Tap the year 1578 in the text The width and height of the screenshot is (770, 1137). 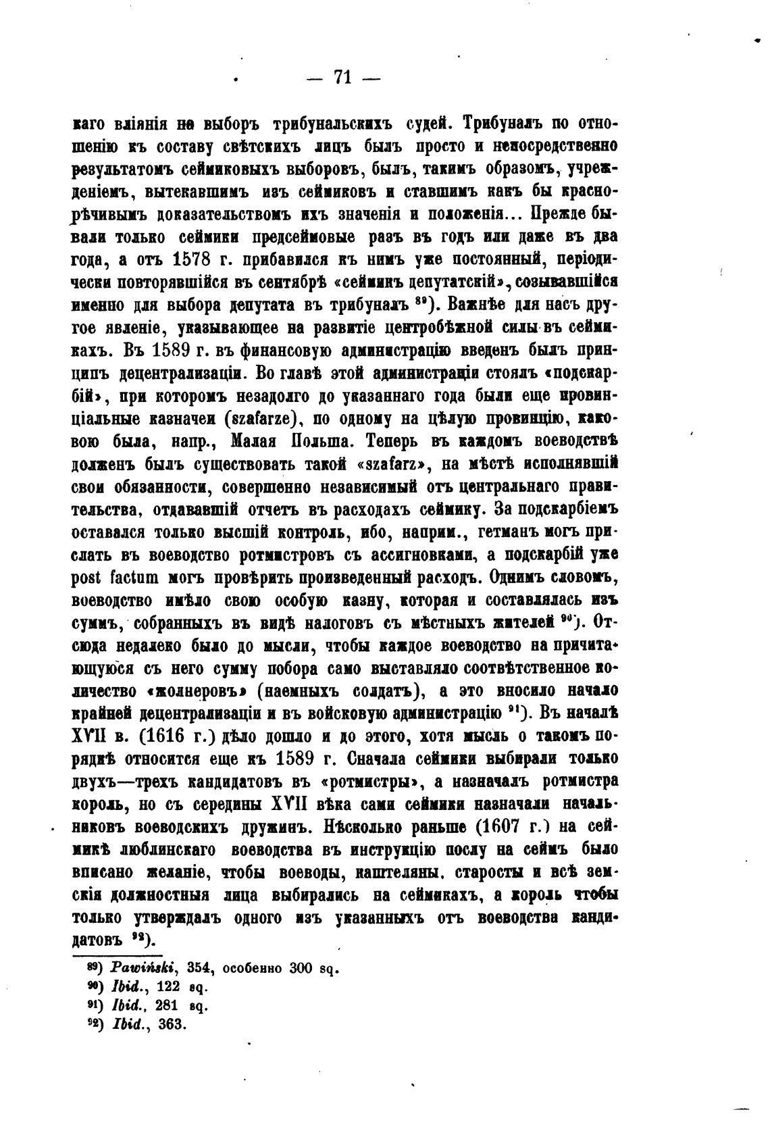[197, 259]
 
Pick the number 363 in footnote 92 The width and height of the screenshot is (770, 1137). [171, 1024]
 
